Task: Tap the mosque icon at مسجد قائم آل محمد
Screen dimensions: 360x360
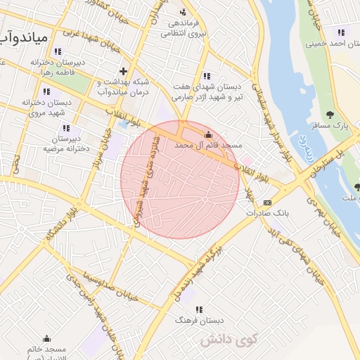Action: pyautogui.click(x=207, y=134)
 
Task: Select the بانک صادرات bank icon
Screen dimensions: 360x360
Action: pyautogui.click(x=267, y=202)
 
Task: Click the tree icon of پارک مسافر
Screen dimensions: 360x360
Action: pyautogui.click(x=330, y=115)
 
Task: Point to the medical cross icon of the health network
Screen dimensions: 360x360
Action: pyautogui.click(x=124, y=71)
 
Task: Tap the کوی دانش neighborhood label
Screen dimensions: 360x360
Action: pyautogui.click(x=229, y=340)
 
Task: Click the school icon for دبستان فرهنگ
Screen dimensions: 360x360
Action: pyautogui.click(x=198, y=309)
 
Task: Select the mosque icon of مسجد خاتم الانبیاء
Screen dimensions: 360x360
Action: pyautogui.click(x=47, y=338)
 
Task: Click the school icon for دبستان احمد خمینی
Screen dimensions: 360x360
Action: pyautogui.click(x=341, y=32)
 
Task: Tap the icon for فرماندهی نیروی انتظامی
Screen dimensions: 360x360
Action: pyautogui.click(x=184, y=12)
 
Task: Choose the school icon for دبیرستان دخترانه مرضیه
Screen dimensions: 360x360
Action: pyautogui.click(x=66, y=129)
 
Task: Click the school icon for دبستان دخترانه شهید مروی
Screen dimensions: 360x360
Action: pyautogui.click(x=46, y=91)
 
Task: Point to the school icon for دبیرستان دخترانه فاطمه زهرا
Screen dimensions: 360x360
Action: pyautogui.click(x=57, y=51)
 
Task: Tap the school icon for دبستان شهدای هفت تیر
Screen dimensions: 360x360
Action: pyautogui.click(x=206, y=76)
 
